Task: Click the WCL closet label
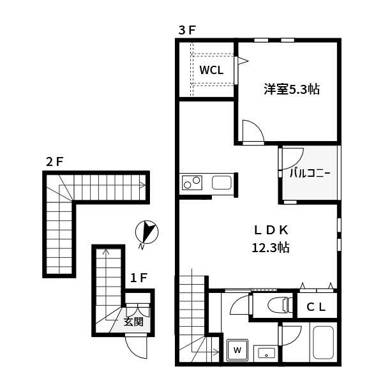pos(211,70)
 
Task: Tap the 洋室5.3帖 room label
pos(292,89)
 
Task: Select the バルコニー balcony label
pos(310,173)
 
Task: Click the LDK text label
pos(271,230)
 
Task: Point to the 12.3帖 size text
pos(271,248)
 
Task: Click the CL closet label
pos(316,307)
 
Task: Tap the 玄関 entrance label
pos(133,322)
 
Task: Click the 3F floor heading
pos(187,31)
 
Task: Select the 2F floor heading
pos(54,161)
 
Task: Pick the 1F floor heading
pos(139,278)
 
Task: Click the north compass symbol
pos(147,232)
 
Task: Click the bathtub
pos(323,342)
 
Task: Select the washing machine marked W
pos(237,350)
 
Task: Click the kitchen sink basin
pos(222,183)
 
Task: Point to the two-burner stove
pos(192,183)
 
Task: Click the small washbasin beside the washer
pos(266,354)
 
